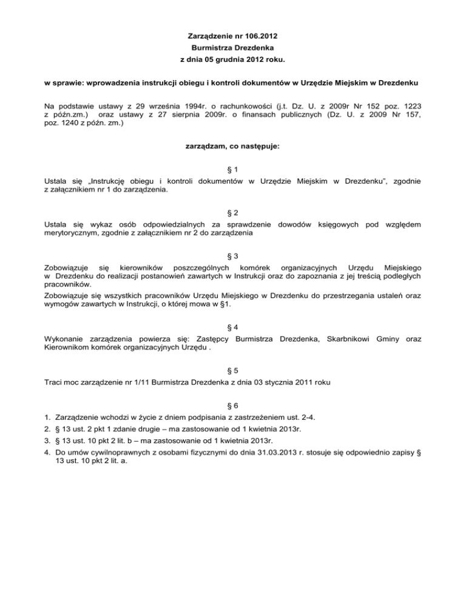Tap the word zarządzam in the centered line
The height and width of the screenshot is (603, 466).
pyautogui.click(x=203, y=146)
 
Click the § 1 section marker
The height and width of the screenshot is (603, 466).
pyautogui.click(x=232, y=169)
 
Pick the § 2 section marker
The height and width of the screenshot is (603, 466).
pyautogui.click(x=232, y=213)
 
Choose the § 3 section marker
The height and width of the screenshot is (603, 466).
pyautogui.click(x=232, y=256)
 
